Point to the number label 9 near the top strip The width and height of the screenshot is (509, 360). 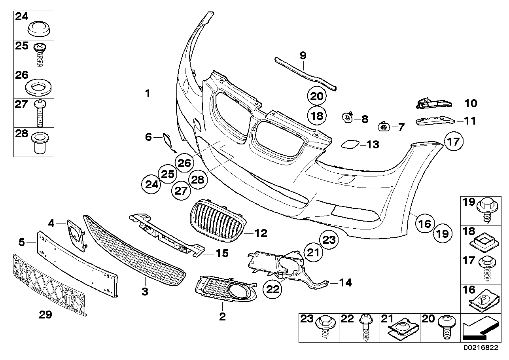[303, 56]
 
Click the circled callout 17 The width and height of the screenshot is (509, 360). [454, 141]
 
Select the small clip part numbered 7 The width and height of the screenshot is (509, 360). [384, 127]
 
